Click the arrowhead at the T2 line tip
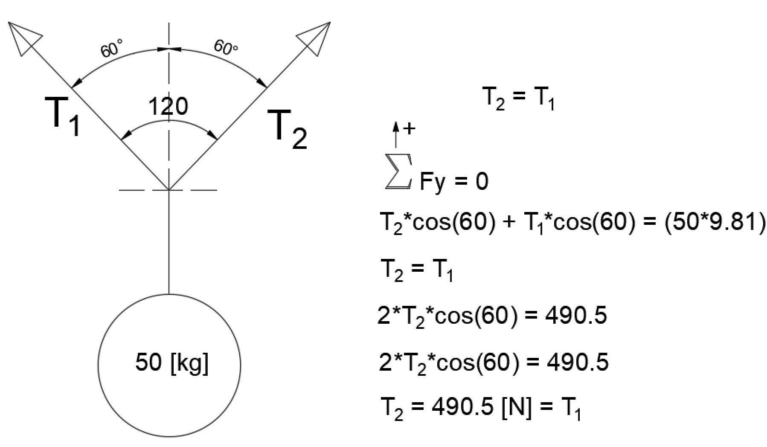click(316, 37)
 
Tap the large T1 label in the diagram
click(63, 116)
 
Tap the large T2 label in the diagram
click(287, 129)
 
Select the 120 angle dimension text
click(168, 106)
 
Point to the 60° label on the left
click(112, 48)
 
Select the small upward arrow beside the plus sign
click(396, 134)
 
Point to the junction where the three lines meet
click(169, 189)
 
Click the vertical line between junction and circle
click(169, 242)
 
